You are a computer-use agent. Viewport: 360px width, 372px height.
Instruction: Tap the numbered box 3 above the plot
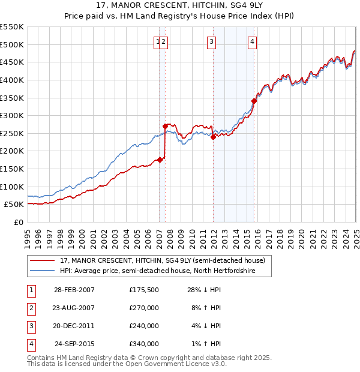(212, 41)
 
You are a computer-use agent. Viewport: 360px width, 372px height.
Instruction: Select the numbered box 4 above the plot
(253, 41)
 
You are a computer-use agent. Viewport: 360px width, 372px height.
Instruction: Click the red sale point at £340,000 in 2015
(254, 101)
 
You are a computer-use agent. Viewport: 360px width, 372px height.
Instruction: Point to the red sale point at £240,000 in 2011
(213, 137)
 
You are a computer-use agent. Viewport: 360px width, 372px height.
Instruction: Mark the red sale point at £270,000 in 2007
(165, 126)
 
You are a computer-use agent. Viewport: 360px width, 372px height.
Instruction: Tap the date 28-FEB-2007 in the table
(74, 290)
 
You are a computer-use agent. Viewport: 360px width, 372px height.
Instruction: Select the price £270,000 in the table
(144, 308)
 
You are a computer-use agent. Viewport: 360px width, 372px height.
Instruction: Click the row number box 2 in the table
(31, 308)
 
